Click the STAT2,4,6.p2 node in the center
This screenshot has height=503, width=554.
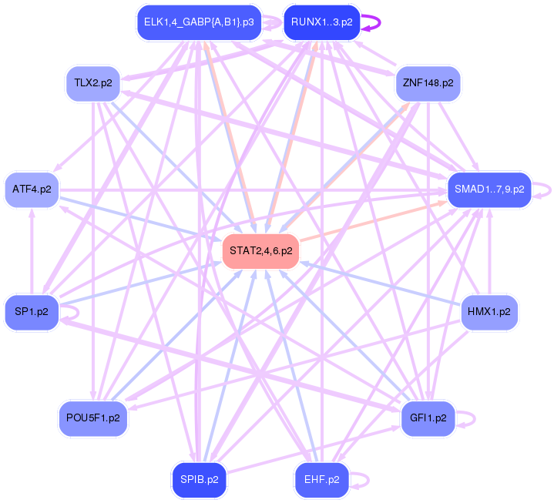coord(260,251)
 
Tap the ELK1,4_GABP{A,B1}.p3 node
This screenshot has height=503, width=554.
coord(199,22)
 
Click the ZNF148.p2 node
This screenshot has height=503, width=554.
coord(427,82)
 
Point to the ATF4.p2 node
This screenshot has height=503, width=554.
coord(32,189)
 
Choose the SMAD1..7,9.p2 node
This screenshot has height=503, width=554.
coord(489,189)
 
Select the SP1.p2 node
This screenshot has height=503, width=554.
coord(32,312)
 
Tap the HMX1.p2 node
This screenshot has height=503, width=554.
coord(489,312)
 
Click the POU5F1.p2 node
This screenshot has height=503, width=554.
coord(93,418)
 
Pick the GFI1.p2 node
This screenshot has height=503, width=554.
coord(428,418)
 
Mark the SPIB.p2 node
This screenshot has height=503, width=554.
coord(199,479)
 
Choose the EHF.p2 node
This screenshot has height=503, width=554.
coord(321,479)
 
